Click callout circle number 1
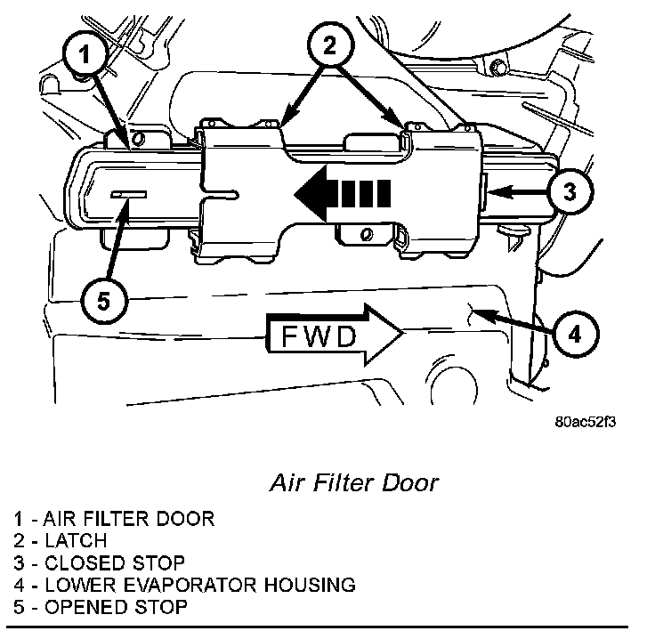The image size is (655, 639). [85, 53]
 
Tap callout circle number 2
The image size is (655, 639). [330, 44]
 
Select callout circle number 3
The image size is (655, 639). [570, 192]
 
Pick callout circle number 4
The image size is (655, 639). [575, 334]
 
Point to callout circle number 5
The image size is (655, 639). [103, 301]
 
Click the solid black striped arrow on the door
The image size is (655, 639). [343, 193]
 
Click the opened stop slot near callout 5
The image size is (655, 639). [129, 194]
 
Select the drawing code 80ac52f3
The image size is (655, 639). [585, 422]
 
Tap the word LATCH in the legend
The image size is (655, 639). [76, 540]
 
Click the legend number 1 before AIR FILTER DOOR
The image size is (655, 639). [18, 519]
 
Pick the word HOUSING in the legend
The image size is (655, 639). [310, 585]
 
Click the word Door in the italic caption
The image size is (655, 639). [409, 482]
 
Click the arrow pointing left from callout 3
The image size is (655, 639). [518, 192]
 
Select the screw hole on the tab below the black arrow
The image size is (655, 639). [367, 234]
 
